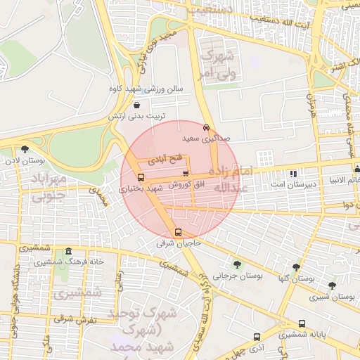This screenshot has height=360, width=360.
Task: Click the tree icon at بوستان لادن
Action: pyautogui.click(x=25, y=149)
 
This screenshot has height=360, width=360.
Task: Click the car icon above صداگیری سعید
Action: pyautogui.click(x=205, y=127)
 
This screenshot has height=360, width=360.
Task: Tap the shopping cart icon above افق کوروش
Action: pyautogui.click(x=185, y=173)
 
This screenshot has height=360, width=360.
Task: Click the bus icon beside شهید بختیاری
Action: pyautogui.click(x=141, y=177)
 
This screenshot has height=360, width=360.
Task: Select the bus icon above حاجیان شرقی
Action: pyautogui.click(x=177, y=232)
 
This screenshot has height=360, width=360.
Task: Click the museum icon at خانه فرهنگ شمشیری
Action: pyautogui.click(x=67, y=251)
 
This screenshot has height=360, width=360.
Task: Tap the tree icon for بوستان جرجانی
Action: pyautogui.click(x=236, y=264)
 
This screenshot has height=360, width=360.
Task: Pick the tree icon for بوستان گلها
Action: pyautogui.click(x=296, y=267)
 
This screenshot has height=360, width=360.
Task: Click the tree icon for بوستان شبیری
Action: pyautogui.click(x=332, y=285)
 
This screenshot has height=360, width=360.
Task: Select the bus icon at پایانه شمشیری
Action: pyautogui.click(x=302, y=323)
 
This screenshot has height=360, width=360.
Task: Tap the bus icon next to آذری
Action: pyautogui.click(x=257, y=337)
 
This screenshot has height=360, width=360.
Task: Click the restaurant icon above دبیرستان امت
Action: pyautogui.click(x=293, y=173)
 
